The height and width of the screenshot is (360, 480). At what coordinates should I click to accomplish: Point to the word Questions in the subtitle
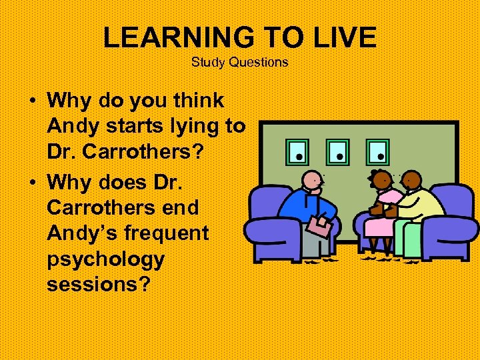click(258, 62)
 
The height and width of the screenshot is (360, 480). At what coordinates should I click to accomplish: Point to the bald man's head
click(311, 181)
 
